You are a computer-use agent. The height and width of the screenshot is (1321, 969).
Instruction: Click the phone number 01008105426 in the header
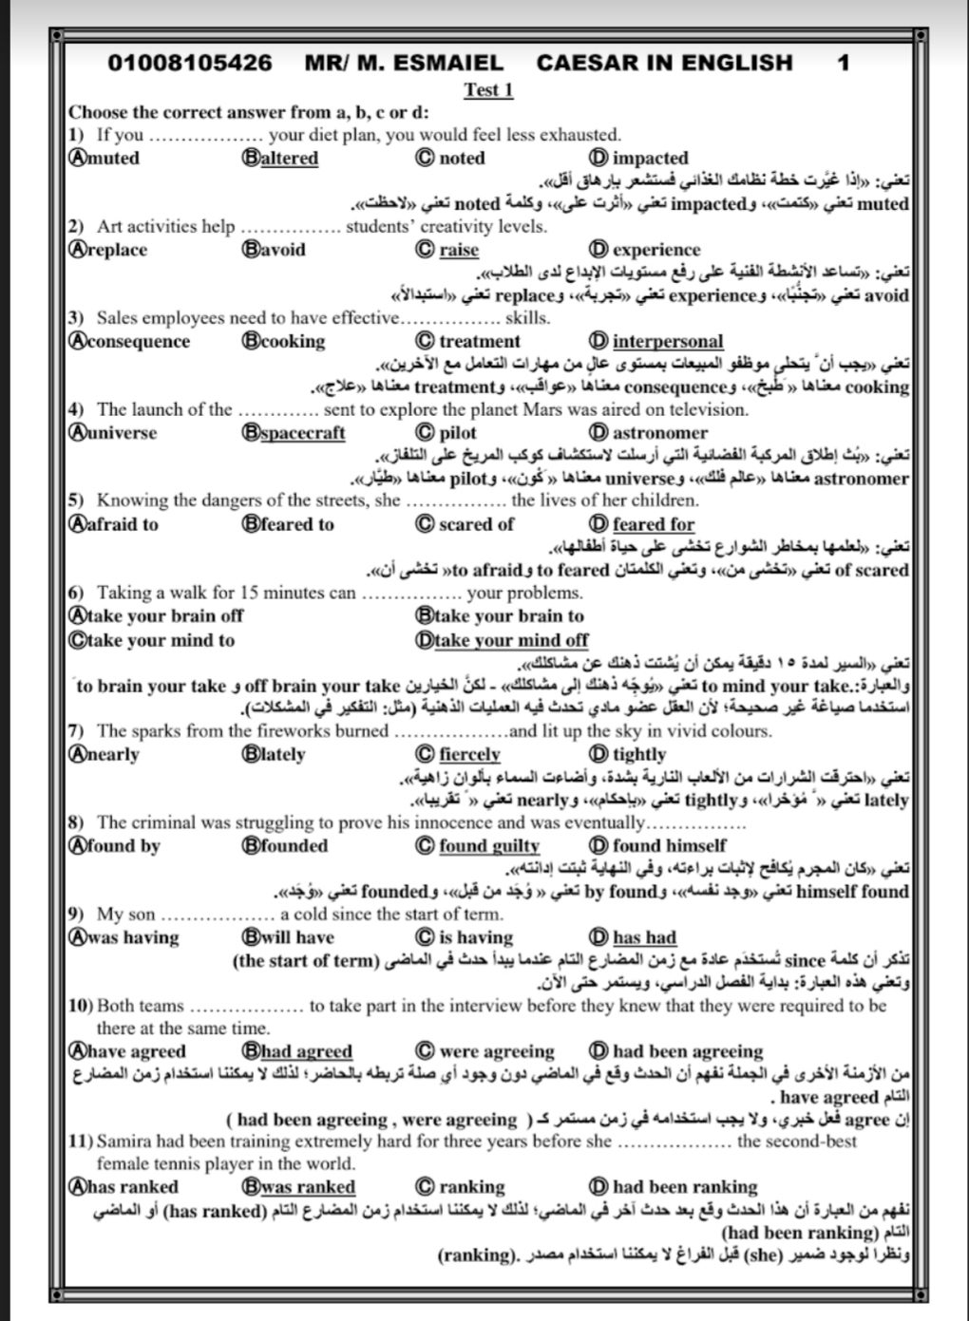pos(190,64)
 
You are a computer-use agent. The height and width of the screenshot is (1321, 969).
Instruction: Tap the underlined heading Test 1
pos(488,90)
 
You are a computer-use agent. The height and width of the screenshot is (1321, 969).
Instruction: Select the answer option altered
pos(290,159)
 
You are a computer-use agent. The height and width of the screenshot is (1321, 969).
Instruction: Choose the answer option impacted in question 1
pos(650,159)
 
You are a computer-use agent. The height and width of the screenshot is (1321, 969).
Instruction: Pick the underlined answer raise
pos(459,251)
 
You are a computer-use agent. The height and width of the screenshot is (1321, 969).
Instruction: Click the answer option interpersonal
pos(667,342)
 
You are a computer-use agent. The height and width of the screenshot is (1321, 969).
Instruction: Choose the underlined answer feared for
pos(653,524)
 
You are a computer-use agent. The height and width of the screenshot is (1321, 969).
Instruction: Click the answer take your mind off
pos(511,640)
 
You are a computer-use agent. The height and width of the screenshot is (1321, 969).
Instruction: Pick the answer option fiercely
pos(469,755)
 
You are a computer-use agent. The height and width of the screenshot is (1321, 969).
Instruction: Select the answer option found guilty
pos(488,846)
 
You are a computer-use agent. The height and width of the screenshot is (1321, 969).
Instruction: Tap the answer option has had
pos(644,937)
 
